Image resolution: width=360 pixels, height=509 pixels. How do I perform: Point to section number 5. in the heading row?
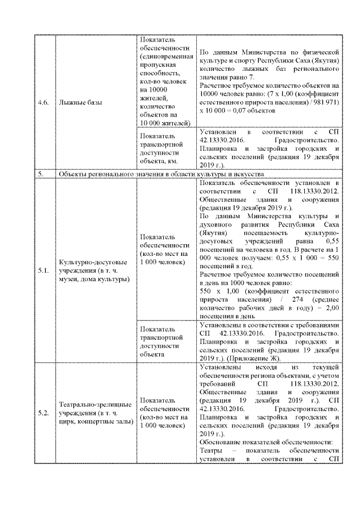point(41,175)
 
